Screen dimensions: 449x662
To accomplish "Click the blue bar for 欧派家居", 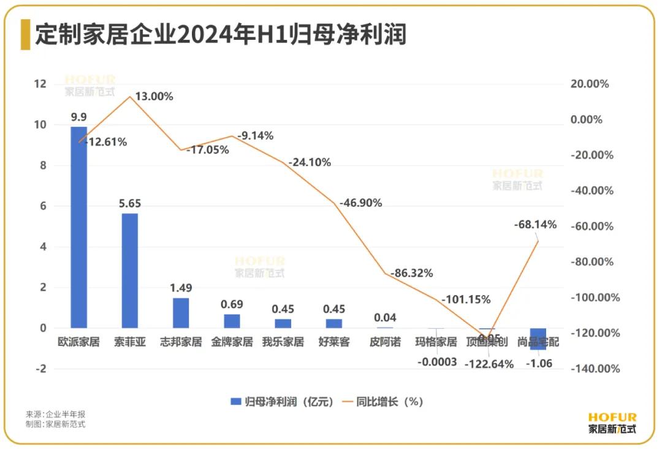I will [x=78, y=227].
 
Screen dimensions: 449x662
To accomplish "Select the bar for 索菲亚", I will [x=129, y=271].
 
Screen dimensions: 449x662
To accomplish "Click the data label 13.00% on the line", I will [x=154, y=96].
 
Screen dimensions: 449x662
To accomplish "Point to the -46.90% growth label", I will [x=361, y=202].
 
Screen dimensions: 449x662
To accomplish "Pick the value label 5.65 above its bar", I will [x=130, y=203].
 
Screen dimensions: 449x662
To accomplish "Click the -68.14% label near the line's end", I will [x=535, y=224].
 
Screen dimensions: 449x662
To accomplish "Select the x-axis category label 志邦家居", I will [x=181, y=342].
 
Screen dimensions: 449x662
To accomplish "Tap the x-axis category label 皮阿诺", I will [x=385, y=342].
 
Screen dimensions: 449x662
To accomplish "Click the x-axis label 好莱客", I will [x=334, y=342].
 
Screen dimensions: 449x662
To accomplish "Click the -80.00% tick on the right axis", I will [x=592, y=262].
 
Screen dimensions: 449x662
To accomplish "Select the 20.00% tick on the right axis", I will [x=590, y=84].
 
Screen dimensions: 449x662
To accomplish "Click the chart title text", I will [x=221, y=34].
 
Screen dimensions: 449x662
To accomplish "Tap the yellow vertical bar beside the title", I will [x=25, y=34].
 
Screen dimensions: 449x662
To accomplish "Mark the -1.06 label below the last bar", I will [x=539, y=363].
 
